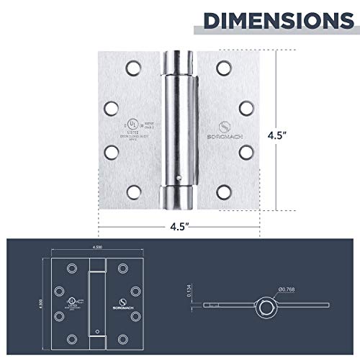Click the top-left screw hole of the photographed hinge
(132, 68)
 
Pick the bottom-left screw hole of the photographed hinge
(132, 192)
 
